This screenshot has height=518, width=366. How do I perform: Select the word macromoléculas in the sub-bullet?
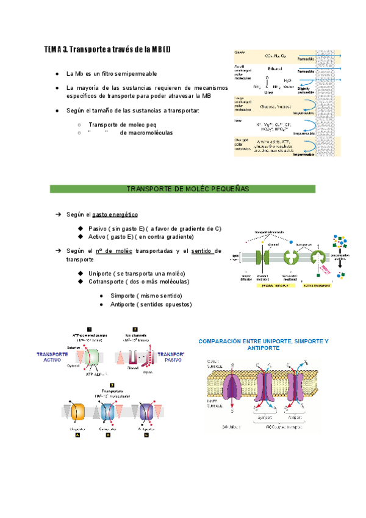(x=146, y=133)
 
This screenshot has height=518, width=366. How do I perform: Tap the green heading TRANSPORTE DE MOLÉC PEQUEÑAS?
(x=182, y=189)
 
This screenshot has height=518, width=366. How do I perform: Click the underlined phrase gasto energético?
(x=115, y=215)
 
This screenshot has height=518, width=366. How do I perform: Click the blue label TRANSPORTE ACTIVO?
(x=53, y=357)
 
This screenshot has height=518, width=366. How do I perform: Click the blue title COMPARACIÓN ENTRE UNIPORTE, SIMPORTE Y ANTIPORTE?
(x=262, y=344)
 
